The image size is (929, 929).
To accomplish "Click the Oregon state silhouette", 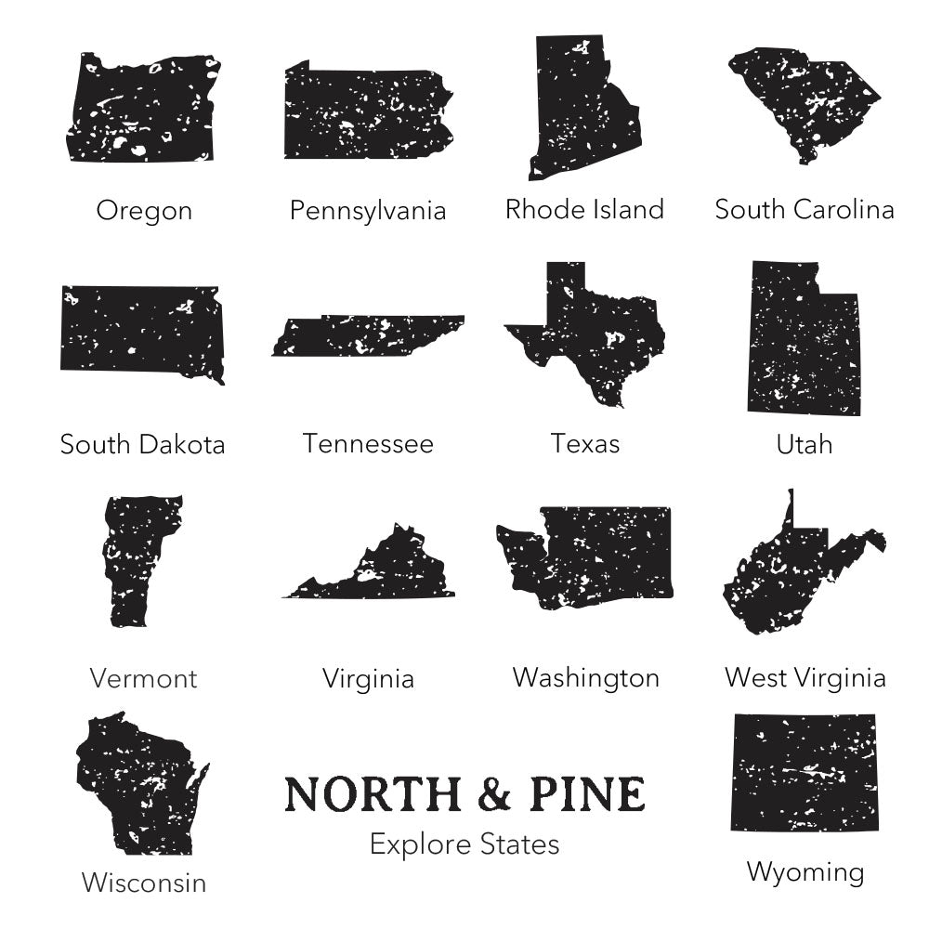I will pos(142,110).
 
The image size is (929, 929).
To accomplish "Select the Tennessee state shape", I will pos(367,336).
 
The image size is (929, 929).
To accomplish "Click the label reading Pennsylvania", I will pos(367,211).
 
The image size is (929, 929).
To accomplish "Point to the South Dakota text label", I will pos(142,444).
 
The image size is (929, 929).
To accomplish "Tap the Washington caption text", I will pos(585,678).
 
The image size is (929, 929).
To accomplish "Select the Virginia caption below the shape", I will pos(368,679).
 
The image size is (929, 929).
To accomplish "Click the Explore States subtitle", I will pos(464,844).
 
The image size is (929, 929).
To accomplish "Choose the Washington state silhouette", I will pos(595,557).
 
